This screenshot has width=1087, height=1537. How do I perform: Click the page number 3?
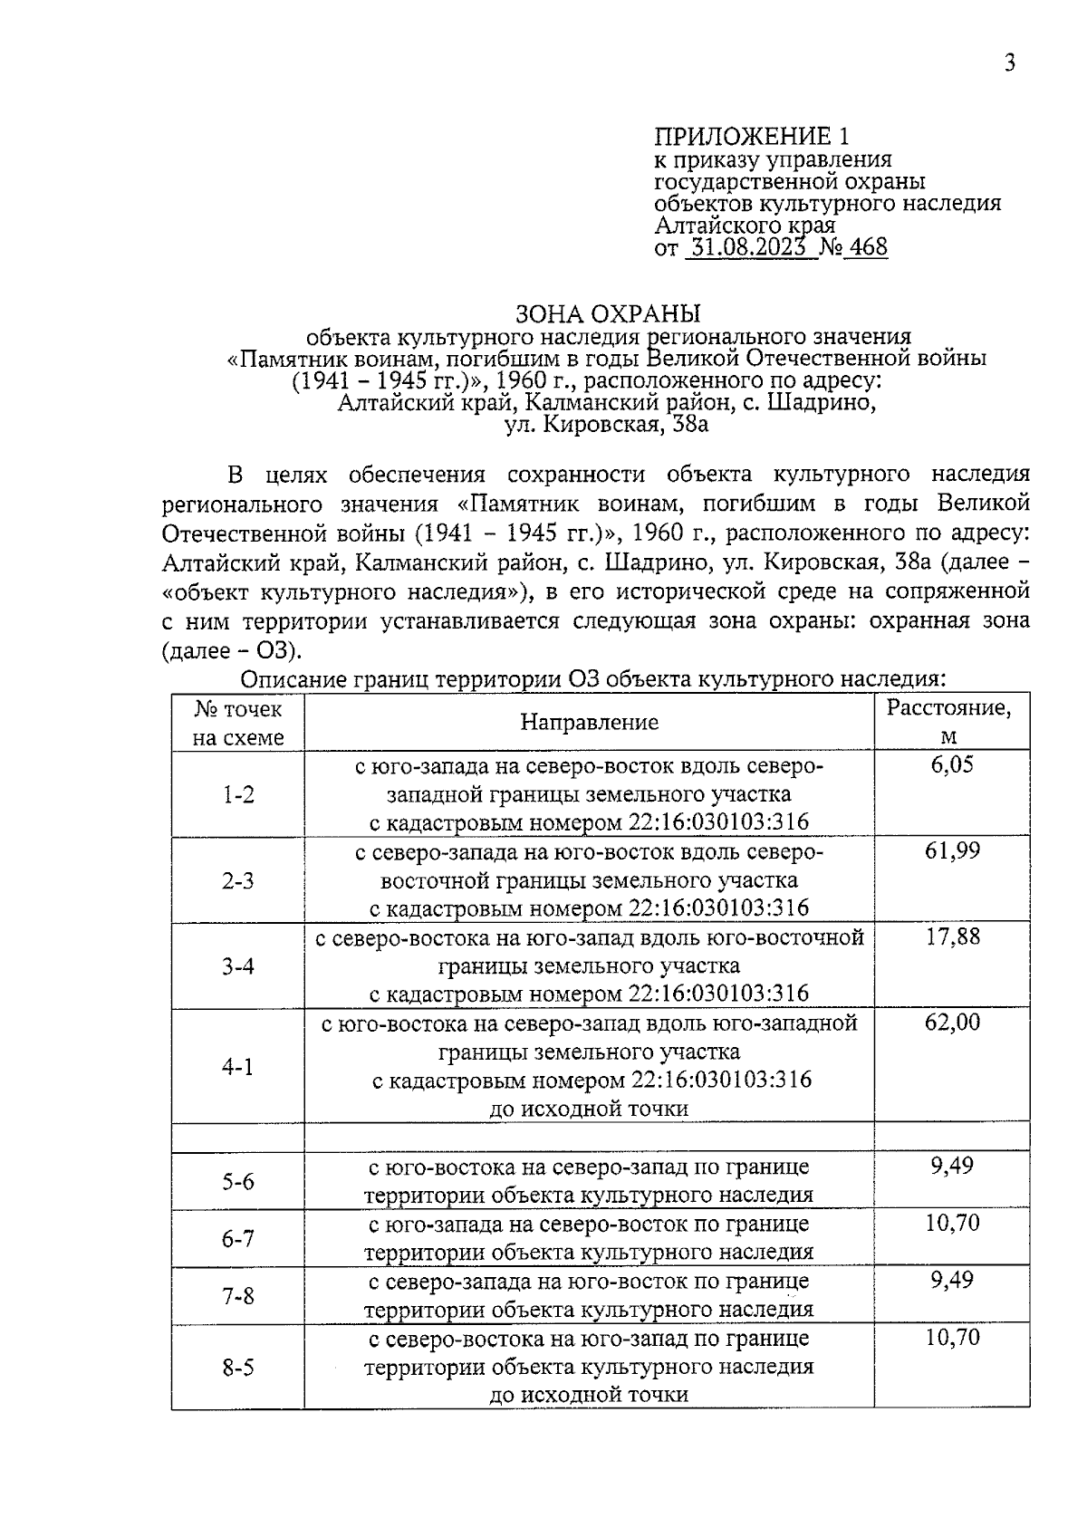pyautogui.click(x=1009, y=62)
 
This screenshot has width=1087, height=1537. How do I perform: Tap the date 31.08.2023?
pyautogui.click(x=746, y=247)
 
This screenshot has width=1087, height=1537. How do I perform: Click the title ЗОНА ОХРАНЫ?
pyautogui.click(x=608, y=314)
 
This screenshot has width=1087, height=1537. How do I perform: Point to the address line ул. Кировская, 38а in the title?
pyautogui.click(x=606, y=424)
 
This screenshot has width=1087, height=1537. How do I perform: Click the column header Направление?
pyautogui.click(x=589, y=722)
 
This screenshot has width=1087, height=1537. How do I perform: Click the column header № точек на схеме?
pyautogui.click(x=238, y=722)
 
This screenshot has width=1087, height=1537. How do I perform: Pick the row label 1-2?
pyautogui.click(x=238, y=794)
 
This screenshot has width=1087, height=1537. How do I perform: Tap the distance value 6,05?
pyautogui.click(x=952, y=765)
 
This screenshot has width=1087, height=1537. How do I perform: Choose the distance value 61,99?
pyautogui.click(x=952, y=850)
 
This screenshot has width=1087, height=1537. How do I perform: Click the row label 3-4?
pyautogui.click(x=238, y=965)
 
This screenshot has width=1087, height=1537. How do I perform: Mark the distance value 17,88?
pyautogui.click(x=952, y=937)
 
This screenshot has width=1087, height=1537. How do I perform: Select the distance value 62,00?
pyautogui.click(x=952, y=1023)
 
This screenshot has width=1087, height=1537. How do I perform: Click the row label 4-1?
pyautogui.click(x=238, y=1066)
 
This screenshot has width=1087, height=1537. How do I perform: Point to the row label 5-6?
pyautogui.click(x=238, y=1181)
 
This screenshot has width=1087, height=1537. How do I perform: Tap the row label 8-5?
pyautogui.click(x=238, y=1368)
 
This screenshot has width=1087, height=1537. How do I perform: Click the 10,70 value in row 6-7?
pyautogui.click(x=952, y=1224)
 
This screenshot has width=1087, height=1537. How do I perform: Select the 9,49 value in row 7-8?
pyautogui.click(x=952, y=1281)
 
